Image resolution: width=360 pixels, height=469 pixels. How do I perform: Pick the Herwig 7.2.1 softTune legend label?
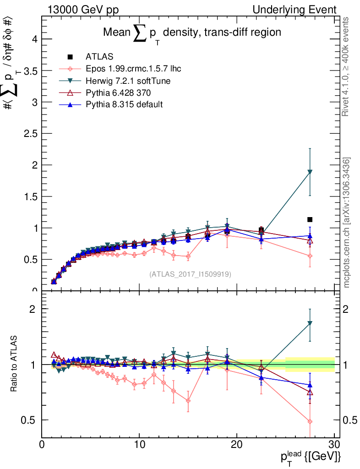(128, 81)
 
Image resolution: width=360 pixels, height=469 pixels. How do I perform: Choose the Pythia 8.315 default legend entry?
(124, 104)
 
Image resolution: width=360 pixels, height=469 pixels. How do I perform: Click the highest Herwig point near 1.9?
(310, 172)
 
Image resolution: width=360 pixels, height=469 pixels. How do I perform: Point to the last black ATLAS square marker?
(310, 219)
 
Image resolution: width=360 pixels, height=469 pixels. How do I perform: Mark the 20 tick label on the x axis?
(237, 444)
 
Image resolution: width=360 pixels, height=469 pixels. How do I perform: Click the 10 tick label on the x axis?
(139, 444)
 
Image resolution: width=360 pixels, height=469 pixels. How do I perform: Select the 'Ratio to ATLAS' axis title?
(15, 365)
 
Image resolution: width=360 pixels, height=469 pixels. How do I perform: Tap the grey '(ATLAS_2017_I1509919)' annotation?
(190, 274)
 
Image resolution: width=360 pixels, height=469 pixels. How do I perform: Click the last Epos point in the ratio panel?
(310, 421)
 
